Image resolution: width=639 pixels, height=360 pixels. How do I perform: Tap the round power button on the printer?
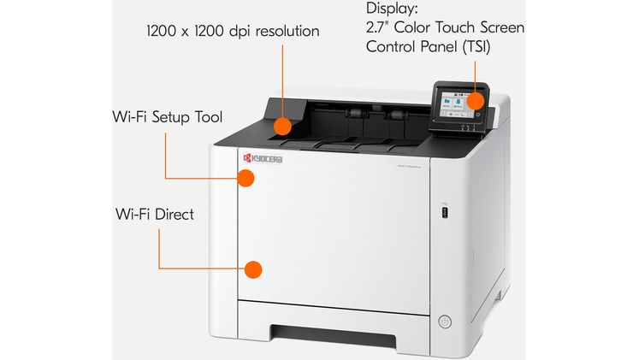(444, 322)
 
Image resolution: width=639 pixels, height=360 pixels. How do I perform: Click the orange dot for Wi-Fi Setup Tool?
(246, 178)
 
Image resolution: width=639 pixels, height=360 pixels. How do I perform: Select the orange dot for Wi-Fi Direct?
(252, 269)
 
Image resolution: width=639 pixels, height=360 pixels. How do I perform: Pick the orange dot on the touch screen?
(474, 101)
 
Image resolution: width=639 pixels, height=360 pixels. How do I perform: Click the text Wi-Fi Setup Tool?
(166, 115)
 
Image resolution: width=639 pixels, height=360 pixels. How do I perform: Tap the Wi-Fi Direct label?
(154, 214)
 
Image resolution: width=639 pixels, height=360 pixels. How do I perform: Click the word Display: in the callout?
(393, 8)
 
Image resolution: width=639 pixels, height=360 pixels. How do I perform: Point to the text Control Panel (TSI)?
(428, 46)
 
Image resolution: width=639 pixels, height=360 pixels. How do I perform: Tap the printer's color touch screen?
(455, 104)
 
